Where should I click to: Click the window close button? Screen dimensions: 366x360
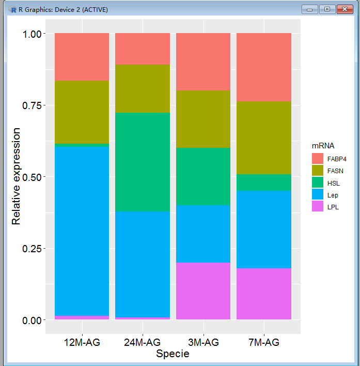[x=342, y=9]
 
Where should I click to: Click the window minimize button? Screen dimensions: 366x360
[x=310, y=9]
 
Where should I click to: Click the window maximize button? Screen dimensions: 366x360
[x=326, y=9]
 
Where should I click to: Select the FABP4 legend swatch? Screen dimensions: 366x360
[x=317, y=159]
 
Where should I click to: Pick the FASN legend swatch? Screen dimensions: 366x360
[x=317, y=171]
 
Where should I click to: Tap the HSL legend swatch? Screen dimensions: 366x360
[x=317, y=182]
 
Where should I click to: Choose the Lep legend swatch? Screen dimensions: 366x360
[x=317, y=194]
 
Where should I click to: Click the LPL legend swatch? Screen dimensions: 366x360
[x=317, y=206]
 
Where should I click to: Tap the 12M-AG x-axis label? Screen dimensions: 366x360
[x=82, y=342]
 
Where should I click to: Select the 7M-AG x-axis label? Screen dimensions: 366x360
[x=264, y=342]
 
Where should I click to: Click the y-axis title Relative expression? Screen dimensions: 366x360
[x=17, y=177]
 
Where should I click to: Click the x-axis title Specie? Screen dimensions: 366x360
[x=173, y=354]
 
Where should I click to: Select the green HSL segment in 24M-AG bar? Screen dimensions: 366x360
[x=143, y=162]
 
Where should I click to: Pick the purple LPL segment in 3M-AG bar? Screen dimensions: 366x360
[x=203, y=291]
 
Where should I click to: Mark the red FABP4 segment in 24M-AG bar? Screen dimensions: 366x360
[x=143, y=49]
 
